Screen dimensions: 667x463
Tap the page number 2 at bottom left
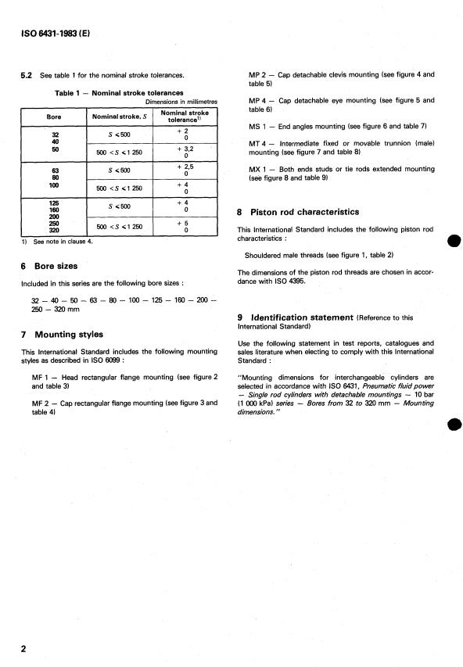[x=23, y=651]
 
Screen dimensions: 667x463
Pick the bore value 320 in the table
[x=56, y=231]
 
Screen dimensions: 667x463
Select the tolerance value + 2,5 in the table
[x=184, y=167]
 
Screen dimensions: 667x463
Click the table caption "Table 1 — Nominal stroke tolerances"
[x=119, y=92]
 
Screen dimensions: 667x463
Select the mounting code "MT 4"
[x=259, y=142]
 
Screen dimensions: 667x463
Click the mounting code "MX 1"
[x=259, y=170]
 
